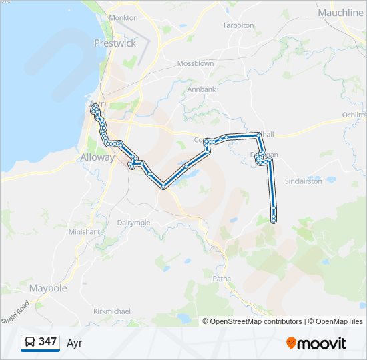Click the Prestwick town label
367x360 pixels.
115,43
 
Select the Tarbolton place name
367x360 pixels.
238,25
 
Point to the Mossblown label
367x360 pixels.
195,63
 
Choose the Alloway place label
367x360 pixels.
98,158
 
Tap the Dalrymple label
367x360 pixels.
133,223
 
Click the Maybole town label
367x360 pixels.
48,288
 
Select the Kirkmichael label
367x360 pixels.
112,311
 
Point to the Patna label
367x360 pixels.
221,278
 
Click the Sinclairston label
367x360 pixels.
304,181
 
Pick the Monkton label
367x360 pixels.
123,17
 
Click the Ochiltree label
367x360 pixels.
354,115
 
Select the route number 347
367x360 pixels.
47,342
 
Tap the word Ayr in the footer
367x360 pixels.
74,343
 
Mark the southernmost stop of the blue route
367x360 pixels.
274,220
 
